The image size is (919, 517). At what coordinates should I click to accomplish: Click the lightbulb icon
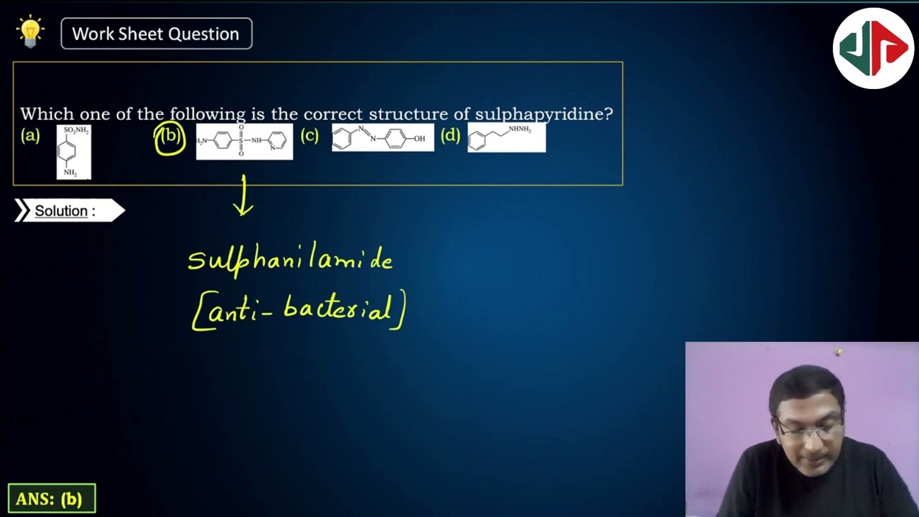pyautogui.click(x=30, y=32)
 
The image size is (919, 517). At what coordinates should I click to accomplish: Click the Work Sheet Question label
pyautogui.click(x=156, y=34)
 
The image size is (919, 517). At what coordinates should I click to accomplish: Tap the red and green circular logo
pyautogui.click(x=873, y=48)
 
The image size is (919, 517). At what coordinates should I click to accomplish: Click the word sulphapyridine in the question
pyautogui.click(x=544, y=114)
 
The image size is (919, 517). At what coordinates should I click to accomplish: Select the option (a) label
pyautogui.click(x=30, y=136)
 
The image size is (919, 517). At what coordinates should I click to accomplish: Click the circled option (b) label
pyautogui.click(x=170, y=136)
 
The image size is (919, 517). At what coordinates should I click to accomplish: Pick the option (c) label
pyautogui.click(x=309, y=136)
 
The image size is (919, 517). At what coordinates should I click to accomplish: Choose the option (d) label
pyautogui.click(x=450, y=136)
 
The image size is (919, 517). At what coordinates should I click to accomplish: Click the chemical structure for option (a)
pyautogui.click(x=73, y=152)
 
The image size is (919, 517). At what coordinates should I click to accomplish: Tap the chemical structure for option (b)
pyautogui.click(x=244, y=141)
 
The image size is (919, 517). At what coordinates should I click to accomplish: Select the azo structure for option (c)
pyautogui.click(x=383, y=138)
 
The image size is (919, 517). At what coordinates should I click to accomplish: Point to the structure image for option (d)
pyautogui.click(x=506, y=138)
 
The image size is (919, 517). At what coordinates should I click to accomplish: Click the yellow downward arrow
pyautogui.click(x=243, y=195)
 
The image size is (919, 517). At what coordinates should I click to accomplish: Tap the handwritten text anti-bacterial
pyautogui.click(x=299, y=310)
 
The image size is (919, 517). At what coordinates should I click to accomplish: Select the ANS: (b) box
pyautogui.click(x=51, y=498)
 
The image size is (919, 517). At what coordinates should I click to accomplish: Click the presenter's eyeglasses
pyautogui.click(x=808, y=429)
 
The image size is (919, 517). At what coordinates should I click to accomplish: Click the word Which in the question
pyautogui.click(x=47, y=114)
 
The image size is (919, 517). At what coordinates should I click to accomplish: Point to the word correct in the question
pyautogui.click(x=332, y=114)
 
